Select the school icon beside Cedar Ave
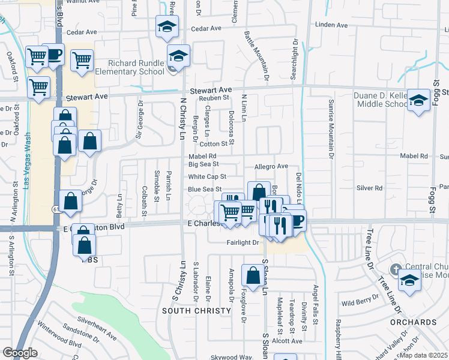167,26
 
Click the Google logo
20,353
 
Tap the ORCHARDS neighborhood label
414,322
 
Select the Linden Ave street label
331,25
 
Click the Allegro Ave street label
272,166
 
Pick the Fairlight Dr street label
243,243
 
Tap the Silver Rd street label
369,188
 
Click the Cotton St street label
214,144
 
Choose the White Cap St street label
206,177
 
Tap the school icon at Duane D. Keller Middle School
418,100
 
